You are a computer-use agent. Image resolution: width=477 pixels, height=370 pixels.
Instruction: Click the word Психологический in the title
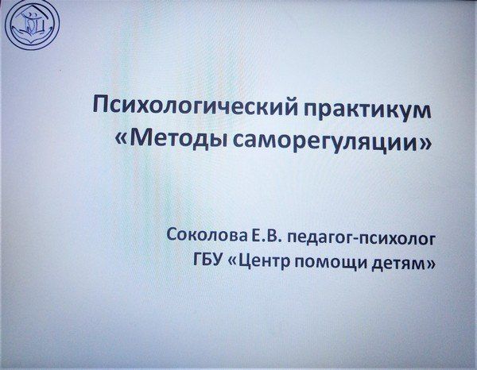(x=195, y=107)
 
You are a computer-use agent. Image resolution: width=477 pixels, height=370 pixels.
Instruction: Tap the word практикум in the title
(x=366, y=110)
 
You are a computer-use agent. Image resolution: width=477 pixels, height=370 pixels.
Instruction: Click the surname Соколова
(x=207, y=236)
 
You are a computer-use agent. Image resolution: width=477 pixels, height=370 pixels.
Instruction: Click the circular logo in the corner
(x=33, y=23)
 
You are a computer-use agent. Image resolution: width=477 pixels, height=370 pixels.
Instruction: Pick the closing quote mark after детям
(x=429, y=264)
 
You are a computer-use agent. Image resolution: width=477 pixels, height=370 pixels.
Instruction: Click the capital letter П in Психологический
(x=101, y=104)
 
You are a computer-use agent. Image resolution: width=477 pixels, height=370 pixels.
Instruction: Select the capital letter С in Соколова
(x=172, y=235)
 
